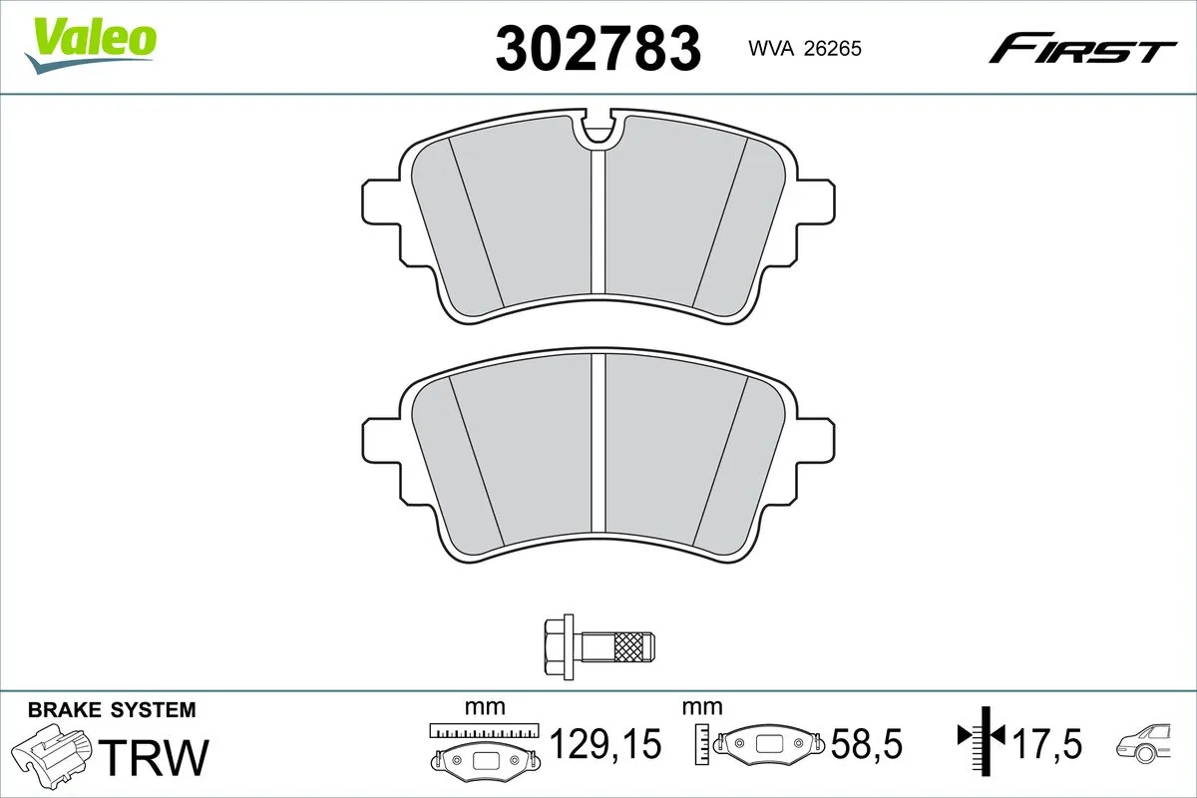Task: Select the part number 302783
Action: (598, 49)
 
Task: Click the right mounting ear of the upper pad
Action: (815, 205)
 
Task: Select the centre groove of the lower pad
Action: (598, 449)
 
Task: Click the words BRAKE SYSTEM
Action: (112, 710)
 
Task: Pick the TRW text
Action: (157, 757)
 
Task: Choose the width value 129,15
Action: (605, 744)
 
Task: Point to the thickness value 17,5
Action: (1047, 744)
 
